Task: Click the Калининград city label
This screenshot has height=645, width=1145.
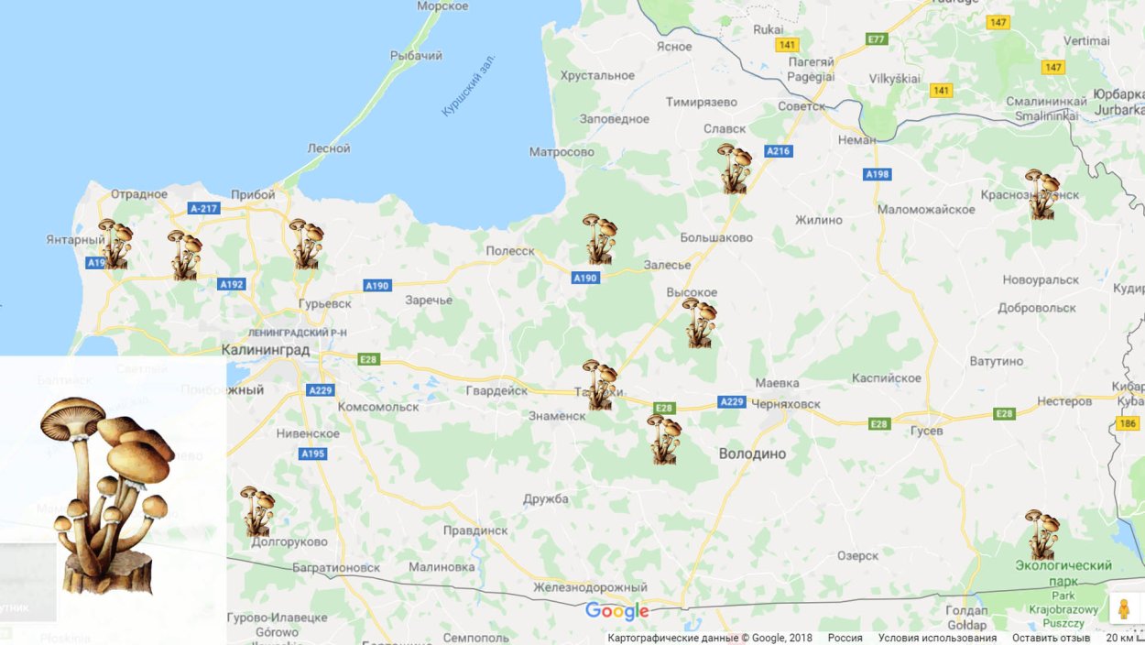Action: click(x=266, y=350)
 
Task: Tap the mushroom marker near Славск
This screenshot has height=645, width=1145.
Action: click(x=734, y=169)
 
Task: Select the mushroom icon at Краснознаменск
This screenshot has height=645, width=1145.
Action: click(x=1041, y=194)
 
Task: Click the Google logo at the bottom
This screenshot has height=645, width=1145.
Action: click(x=616, y=611)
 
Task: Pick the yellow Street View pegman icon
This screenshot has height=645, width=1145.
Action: click(x=1124, y=608)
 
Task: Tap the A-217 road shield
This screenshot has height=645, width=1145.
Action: click(x=204, y=209)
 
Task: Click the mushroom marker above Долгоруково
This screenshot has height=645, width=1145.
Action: click(x=256, y=511)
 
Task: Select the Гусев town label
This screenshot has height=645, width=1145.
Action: click(x=932, y=431)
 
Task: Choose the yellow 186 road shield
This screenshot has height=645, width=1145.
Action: click(x=1127, y=422)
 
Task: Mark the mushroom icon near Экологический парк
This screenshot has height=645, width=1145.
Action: click(x=1041, y=534)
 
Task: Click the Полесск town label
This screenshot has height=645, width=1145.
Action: click(x=510, y=250)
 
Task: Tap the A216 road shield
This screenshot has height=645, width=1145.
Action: click(x=778, y=151)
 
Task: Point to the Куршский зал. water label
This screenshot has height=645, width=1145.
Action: click(x=468, y=84)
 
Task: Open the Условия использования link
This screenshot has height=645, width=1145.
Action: click(x=937, y=638)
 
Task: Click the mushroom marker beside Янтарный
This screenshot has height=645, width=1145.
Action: click(x=114, y=244)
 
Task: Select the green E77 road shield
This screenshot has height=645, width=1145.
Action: click(x=877, y=39)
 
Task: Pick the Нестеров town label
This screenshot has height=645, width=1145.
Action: click(x=1064, y=401)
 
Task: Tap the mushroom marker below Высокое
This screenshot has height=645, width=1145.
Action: click(x=699, y=322)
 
